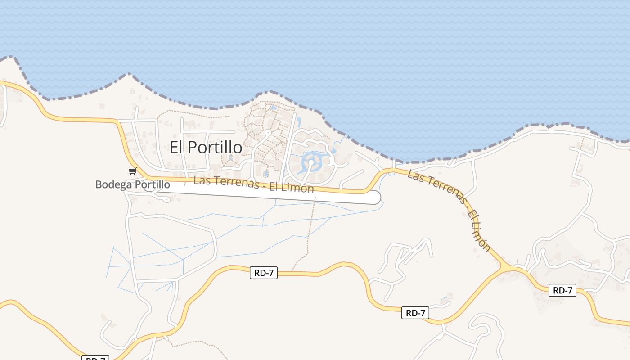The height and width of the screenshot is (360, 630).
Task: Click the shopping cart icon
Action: click(132, 171)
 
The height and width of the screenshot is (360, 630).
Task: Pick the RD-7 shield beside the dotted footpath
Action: click(264, 273)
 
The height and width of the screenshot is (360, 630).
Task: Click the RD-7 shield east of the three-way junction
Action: click(562, 290)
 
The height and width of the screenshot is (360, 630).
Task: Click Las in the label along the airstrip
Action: click(202, 180)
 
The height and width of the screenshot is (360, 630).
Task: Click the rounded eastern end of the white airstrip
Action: click(374, 198)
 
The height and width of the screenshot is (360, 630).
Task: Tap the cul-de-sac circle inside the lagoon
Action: click(311, 162)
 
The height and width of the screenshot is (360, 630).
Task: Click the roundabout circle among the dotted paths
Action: click(268, 133)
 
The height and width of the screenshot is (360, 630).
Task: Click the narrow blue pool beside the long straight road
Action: click(298, 121)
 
